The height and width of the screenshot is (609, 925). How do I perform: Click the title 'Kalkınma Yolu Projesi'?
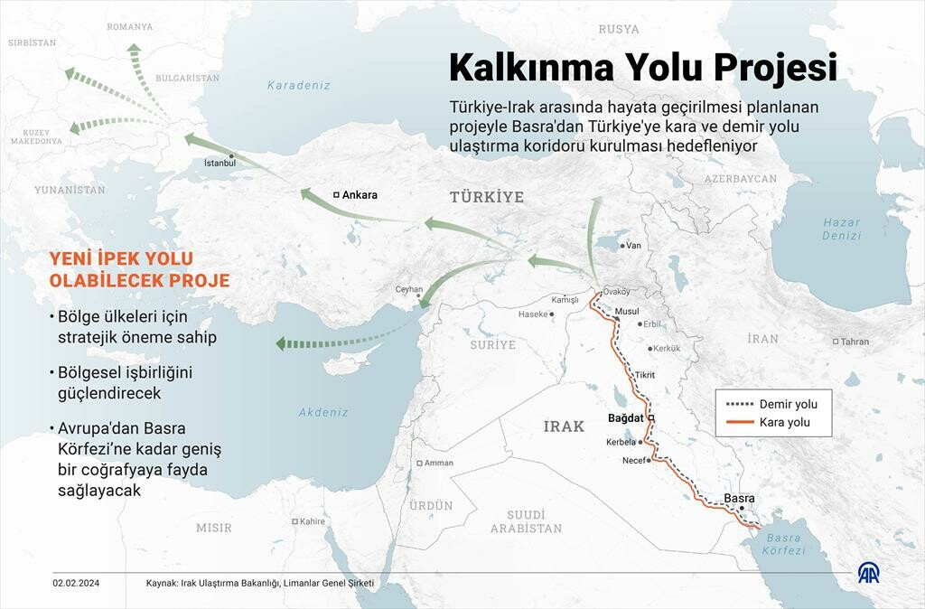tap(643, 68)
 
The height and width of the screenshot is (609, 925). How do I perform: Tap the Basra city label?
tap(738, 498)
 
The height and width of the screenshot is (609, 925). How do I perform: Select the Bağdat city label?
tap(625, 418)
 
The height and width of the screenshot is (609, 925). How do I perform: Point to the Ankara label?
tap(360, 194)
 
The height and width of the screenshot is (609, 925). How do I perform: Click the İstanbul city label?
tap(220, 163)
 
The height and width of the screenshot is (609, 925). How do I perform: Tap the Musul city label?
tap(626, 311)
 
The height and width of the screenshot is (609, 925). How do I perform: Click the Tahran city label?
tap(854, 342)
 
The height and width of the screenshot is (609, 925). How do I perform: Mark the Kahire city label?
tap(312, 521)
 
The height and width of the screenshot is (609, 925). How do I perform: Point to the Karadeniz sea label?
tap(299, 85)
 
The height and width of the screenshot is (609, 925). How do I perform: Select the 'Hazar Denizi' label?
tap(841, 229)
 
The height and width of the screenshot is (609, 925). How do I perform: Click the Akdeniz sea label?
tap(323, 412)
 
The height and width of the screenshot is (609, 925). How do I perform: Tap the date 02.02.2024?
tap(75, 584)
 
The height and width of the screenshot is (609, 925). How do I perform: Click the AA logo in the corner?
tap(870, 574)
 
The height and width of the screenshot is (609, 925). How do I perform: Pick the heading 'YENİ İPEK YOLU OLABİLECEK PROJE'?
tap(139, 269)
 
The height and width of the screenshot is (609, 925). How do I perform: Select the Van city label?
tap(633, 245)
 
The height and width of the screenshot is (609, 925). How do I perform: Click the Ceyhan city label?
tap(408, 289)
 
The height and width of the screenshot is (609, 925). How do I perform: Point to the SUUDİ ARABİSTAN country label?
tap(526, 521)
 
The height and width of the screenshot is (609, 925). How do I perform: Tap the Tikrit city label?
tap(644, 375)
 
